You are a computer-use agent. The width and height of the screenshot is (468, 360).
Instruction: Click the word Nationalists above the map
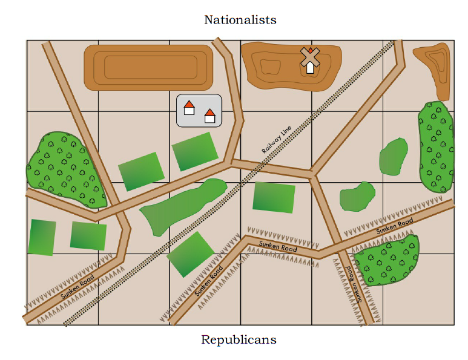tap(240, 20)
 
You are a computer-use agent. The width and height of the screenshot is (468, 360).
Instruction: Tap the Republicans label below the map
tap(239, 339)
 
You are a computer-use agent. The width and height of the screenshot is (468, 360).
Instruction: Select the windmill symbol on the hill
tap(310, 59)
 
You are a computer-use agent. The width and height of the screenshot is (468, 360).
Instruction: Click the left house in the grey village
tap(189, 108)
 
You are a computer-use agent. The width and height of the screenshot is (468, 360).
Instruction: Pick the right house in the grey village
tap(210, 115)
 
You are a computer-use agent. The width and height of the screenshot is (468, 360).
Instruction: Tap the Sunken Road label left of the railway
tap(77, 287)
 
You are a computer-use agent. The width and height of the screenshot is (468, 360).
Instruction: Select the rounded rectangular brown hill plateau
tap(148, 67)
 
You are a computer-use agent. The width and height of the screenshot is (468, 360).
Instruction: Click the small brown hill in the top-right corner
tap(435, 66)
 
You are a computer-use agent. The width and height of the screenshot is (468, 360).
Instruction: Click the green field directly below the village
tap(194, 151)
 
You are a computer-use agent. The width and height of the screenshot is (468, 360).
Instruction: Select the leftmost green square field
tap(42, 237)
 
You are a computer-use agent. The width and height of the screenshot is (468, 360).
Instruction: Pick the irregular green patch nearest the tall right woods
tap(394, 157)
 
